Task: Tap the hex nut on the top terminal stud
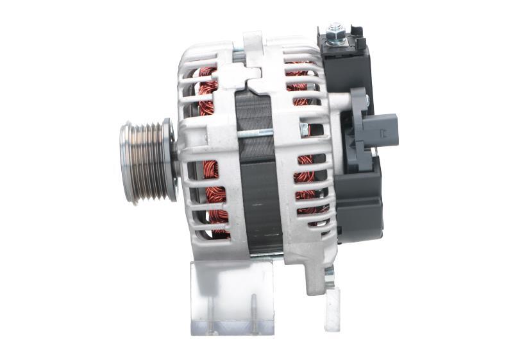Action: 335,30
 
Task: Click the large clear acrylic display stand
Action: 232,296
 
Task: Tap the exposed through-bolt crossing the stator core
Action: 256,133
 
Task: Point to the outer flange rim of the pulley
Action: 171,162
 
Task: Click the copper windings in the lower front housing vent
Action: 215,193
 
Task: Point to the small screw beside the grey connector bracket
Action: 367,99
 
